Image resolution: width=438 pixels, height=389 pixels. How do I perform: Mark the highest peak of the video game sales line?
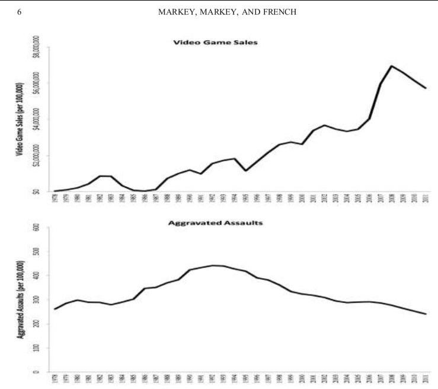[392, 65]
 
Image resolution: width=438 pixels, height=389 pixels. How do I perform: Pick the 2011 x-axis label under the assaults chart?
[426, 379]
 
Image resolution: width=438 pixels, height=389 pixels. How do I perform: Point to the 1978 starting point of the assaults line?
[55, 309]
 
